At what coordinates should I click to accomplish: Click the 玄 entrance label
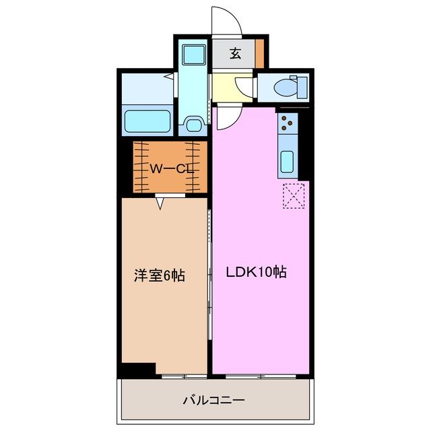pos(235,55)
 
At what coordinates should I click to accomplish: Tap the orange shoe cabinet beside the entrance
pos(259,54)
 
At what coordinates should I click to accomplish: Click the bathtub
pos(147,121)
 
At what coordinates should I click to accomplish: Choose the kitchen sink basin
pos(286,162)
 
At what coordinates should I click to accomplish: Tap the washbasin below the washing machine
pos(194,124)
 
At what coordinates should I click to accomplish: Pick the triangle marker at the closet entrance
pos(161,201)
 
